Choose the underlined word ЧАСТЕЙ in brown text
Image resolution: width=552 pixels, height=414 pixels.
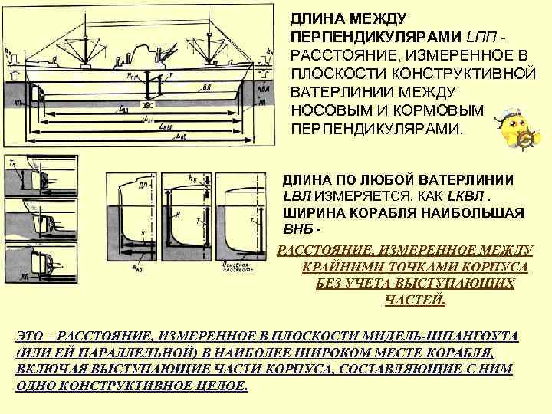pyautogui.click(x=414, y=300)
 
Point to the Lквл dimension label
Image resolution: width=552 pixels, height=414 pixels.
pyautogui.click(x=167, y=128)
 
